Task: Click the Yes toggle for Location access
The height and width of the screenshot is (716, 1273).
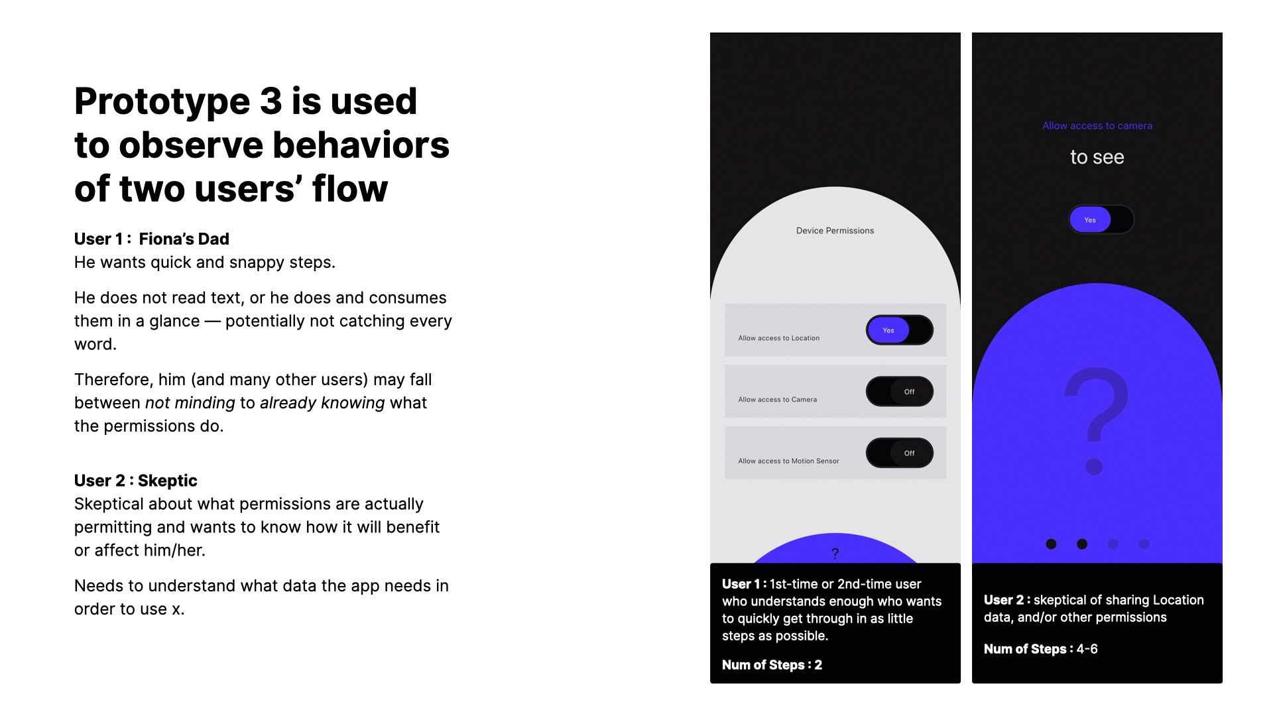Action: [x=900, y=330]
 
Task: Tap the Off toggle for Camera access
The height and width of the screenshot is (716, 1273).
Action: [x=900, y=392]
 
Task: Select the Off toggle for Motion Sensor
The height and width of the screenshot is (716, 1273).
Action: [x=900, y=453]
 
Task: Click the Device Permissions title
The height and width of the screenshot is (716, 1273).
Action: [x=835, y=231]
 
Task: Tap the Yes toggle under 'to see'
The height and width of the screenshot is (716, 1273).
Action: [x=1101, y=219]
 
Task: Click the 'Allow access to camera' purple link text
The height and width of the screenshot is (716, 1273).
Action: [x=1097, y=126]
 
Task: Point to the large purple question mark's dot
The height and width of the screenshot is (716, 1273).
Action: [x=1094, y=467]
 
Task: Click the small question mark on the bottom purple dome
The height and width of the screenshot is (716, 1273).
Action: [x=835, y=554]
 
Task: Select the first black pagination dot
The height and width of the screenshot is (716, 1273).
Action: [x=1051, y=544]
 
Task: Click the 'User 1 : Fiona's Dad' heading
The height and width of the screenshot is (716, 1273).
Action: [x=152, y=239]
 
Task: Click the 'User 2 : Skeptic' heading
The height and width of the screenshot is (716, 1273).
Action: [x=136, y=481]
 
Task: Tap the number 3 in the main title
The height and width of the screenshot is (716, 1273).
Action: [x=271, y=101]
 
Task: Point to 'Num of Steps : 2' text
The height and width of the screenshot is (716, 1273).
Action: [x=772, y=665]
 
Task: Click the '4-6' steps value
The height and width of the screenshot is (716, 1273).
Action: [x=1087, y=649]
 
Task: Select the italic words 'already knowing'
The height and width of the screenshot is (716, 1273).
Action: [x=322, y=403]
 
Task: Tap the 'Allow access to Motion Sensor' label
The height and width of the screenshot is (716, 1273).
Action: [x=788, y=461]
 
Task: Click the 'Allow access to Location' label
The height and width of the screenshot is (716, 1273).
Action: [x=779, y=338]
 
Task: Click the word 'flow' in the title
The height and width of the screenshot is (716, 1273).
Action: [x=349, y=189]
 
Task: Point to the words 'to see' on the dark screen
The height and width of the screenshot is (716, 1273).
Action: [x=1097, y=158]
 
